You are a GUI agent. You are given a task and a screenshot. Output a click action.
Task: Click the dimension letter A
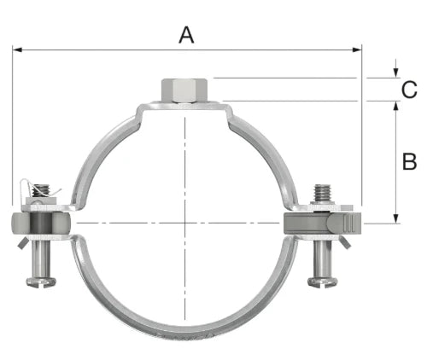click(186, 35)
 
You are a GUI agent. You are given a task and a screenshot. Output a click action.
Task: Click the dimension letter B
click(409, 161)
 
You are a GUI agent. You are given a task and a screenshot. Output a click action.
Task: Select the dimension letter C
click(409, 90)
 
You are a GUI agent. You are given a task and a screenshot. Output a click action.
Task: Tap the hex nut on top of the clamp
click(184, 90)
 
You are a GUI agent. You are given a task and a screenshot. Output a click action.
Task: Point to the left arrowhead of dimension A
click(18, 50)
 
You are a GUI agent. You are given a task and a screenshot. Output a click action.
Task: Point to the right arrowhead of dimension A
click(357, 50)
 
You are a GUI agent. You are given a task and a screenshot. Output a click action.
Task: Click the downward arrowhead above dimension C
click(395, 73)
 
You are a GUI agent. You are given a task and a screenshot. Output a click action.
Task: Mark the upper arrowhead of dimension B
click(395, 106)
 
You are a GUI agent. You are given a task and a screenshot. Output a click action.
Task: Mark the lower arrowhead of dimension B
click(395, 218)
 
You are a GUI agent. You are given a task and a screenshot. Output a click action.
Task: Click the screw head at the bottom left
click(41, 282)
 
